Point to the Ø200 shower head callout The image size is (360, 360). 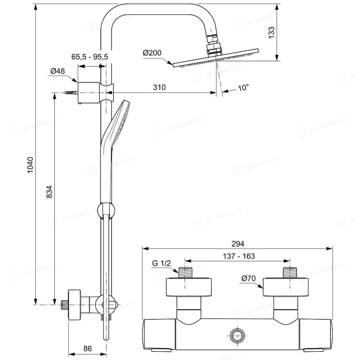(152, 53)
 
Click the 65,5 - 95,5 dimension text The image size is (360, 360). (90, 57)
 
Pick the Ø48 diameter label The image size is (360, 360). (58, 71)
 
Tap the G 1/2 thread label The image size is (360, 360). (161, 263)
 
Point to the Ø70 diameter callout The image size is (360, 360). (249, 278)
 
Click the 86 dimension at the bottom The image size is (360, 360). (88, 348)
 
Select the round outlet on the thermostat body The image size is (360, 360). (237, 335)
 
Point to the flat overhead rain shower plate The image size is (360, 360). (215, 58)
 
